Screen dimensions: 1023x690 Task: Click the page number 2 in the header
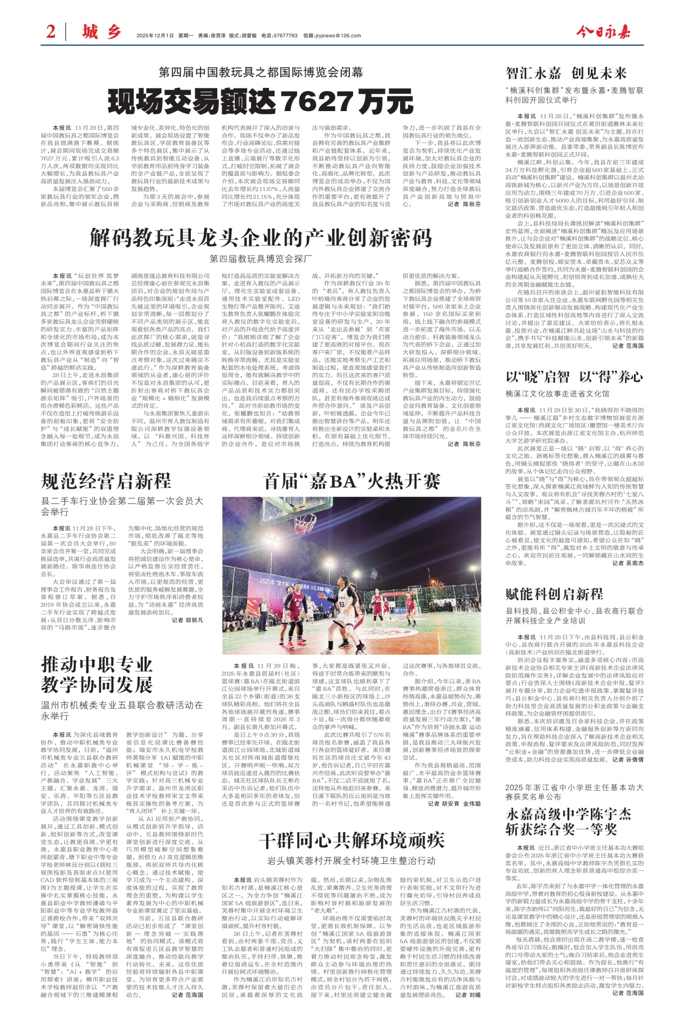(51, 32)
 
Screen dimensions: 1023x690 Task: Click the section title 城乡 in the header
(101, 32)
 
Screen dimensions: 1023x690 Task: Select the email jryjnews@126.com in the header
(332, 36)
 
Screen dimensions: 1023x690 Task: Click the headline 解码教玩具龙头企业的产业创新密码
(261, 237)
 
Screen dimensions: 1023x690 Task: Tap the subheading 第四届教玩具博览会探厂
(261, 258)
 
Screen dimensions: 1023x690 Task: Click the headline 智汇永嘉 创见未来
(566, 73)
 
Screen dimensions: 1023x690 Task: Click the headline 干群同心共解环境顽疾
(351, 840)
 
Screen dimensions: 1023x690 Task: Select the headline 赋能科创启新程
(554, 594)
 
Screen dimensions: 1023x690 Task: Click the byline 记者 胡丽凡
(188, 621)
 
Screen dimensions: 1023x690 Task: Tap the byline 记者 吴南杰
(628, 562)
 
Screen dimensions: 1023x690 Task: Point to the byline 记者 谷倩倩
(628, 759)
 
